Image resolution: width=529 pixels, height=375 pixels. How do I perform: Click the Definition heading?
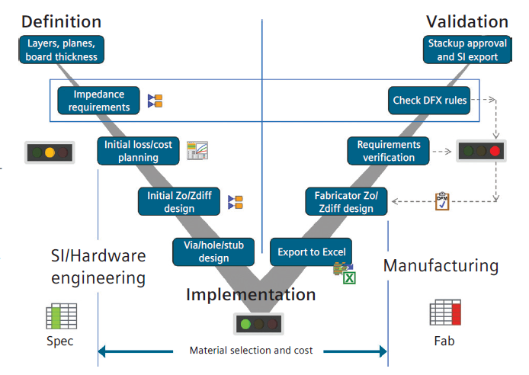pos(62,21)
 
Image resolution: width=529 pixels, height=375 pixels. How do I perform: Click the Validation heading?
pos(467,21)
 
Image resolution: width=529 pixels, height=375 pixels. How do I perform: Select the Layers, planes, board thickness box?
pos(61,50)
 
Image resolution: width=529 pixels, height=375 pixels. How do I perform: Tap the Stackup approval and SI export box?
pos(463,50)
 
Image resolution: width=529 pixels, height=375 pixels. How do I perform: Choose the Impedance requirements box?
pos(99,101)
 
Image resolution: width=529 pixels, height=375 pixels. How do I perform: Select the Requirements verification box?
pos(389,151)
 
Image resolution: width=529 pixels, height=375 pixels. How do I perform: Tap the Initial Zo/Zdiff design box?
pos(180,201)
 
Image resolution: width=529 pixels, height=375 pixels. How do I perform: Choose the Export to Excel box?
pos(312,252)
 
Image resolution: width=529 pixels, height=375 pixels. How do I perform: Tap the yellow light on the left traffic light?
pos(50,152)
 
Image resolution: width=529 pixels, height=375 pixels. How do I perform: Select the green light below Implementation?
pos(245,323)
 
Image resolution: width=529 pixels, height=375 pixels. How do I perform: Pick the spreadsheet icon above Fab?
pos(445,313)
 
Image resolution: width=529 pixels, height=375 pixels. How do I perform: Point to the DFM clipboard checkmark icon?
pos(442,201)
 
